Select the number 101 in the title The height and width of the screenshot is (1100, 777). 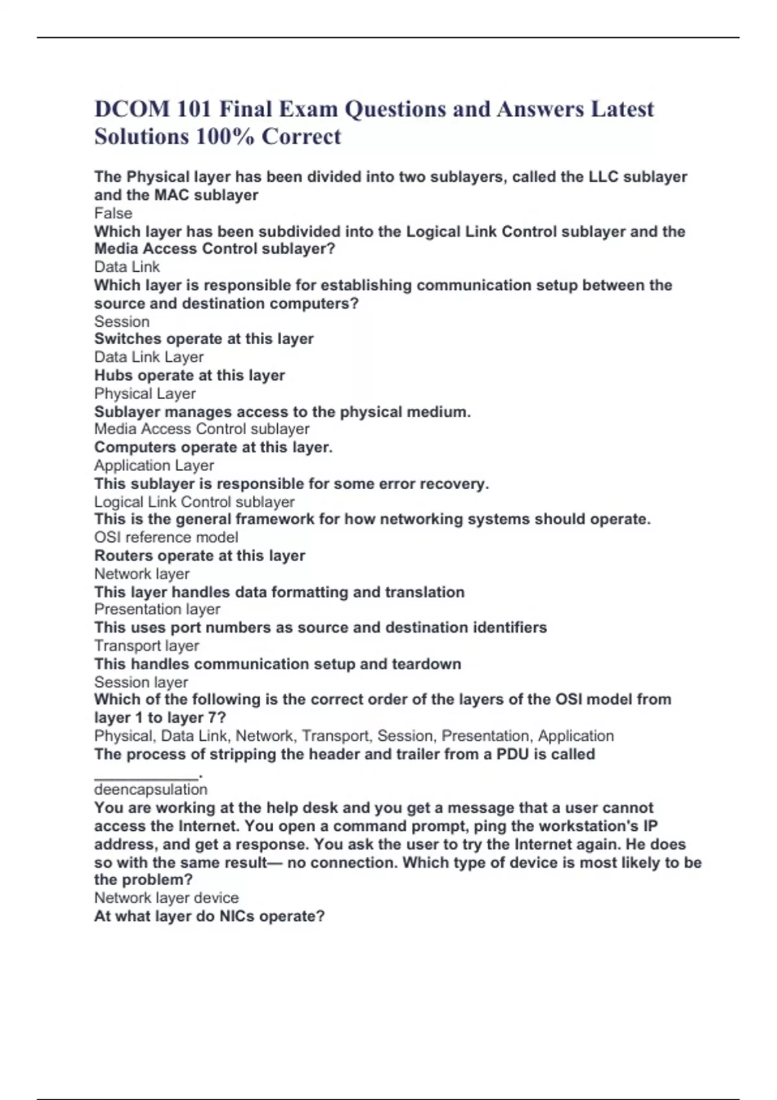194,109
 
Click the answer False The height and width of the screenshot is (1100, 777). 113,214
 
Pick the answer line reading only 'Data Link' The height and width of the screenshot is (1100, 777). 127,267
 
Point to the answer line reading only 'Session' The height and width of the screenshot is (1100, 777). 122,322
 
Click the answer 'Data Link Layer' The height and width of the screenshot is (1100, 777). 149,357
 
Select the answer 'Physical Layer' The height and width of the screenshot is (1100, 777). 145,393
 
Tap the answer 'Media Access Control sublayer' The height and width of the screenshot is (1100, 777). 201,429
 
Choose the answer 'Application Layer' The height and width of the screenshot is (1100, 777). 154,465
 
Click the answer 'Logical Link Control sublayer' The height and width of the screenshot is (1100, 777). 194,502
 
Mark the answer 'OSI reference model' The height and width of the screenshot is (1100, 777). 166,537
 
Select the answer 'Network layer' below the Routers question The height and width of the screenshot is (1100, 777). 142,574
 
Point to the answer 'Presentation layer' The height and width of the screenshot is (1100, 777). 157,610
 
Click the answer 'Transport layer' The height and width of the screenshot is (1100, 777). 147,646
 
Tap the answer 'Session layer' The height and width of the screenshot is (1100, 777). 141,682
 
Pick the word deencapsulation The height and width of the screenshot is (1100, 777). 151,789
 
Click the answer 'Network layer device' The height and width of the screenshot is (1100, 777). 166,898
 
